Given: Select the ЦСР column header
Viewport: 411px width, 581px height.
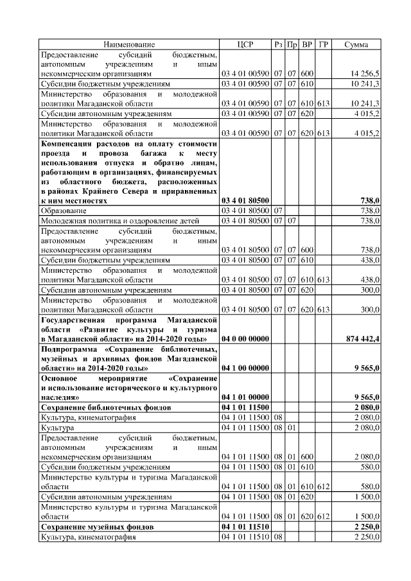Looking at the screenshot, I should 245,44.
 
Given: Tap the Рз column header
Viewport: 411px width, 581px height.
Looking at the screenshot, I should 278,44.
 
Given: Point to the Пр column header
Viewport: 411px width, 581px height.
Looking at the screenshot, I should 292,44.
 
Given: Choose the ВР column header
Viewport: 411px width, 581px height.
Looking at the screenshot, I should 307,44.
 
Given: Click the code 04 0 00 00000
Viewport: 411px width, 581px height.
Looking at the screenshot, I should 245,338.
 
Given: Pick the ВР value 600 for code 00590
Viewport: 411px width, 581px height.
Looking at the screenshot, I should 307,74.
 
